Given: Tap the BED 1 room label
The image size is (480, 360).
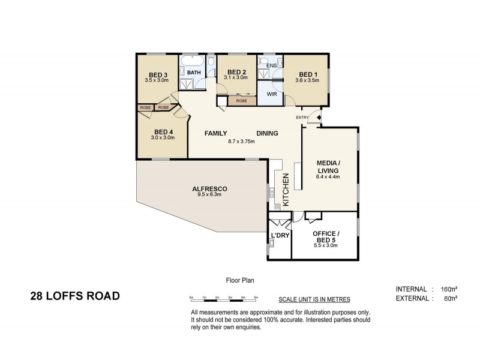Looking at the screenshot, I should (306, 74).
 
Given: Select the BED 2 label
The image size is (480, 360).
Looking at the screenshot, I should (236, 71).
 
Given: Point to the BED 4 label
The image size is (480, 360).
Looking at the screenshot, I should (164, 132).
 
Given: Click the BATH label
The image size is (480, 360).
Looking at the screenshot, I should (194, 73).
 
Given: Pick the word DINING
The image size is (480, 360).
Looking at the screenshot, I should (267, 133).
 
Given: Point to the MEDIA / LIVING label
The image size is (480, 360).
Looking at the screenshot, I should (328, 167).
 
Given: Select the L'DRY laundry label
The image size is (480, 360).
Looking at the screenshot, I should (280, 235).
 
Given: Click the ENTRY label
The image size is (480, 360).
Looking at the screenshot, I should (302, 117).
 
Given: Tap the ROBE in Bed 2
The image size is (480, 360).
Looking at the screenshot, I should (241, 101).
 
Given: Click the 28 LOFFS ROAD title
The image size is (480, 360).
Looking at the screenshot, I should (75, 295).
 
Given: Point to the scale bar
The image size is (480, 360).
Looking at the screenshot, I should (223, 298).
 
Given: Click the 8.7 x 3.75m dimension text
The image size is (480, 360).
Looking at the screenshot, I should (242, 142).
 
